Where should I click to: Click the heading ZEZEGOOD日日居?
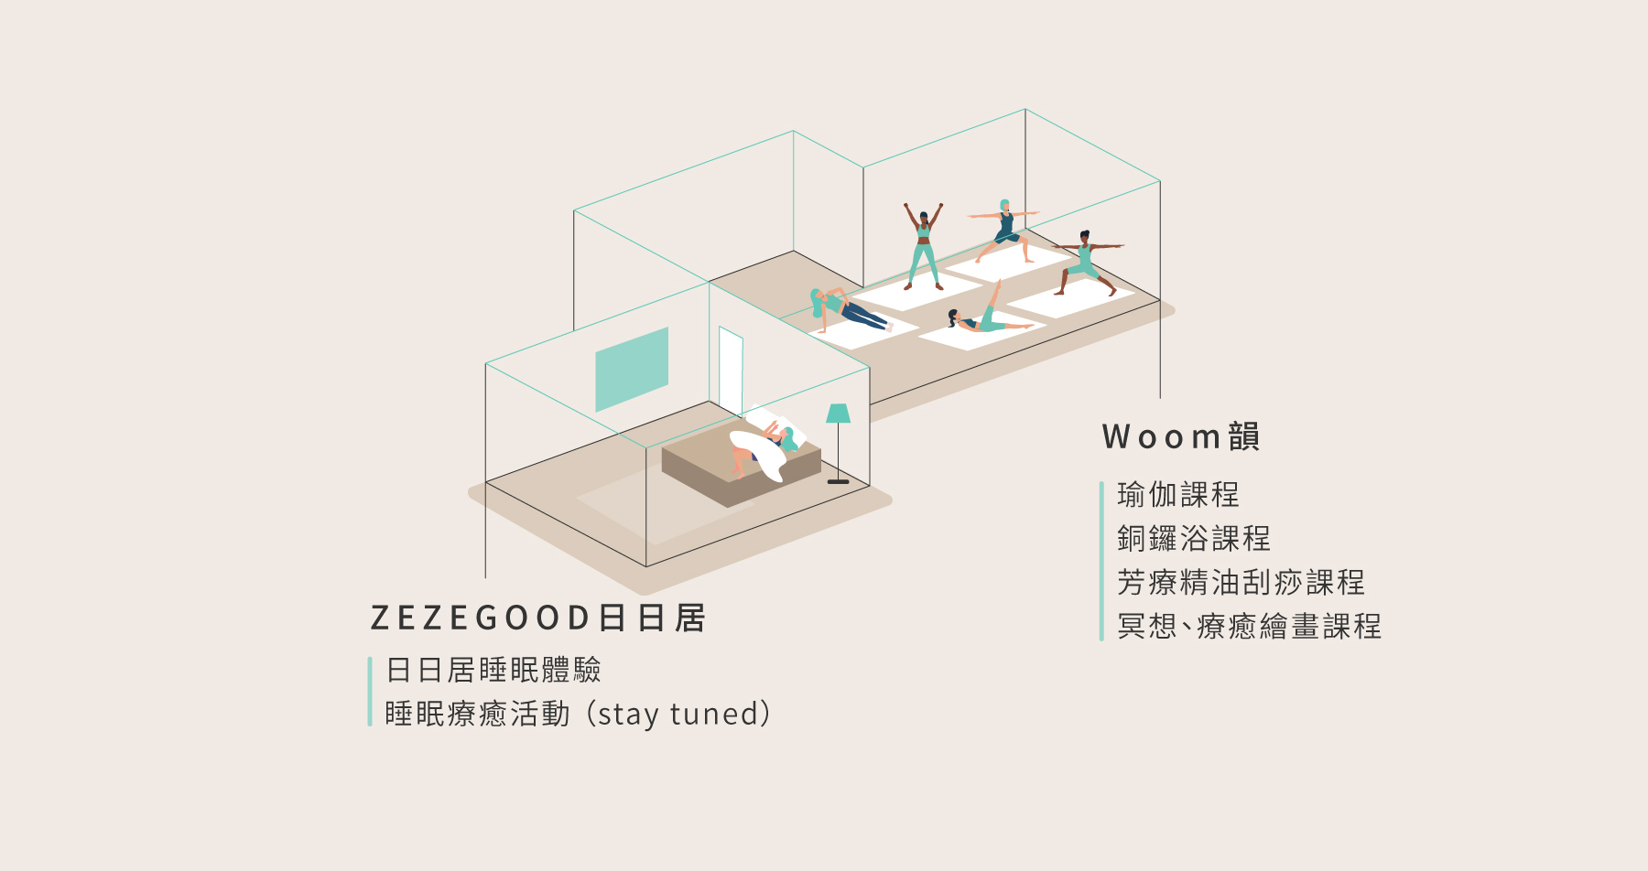click(x=537, y=618)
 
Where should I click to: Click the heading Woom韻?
click(x=1181, y=437)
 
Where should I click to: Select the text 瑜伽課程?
click(x=1177, y=495)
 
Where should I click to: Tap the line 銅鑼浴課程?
click(x=1193, y=539)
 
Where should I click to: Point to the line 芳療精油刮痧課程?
click(x=1241, y=583)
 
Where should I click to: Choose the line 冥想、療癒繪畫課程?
click(x=1249, y=627)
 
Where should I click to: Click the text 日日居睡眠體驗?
click(x=493, y=671)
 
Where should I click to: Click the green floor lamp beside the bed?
click(x=838, y=414)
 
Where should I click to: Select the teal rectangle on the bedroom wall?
click(x=632, y=369)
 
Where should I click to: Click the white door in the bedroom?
click(x=731, y=371)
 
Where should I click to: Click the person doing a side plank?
click(x=847, y=309)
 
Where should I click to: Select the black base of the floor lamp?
click(x=838, y=481)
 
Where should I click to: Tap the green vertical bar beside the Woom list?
click(x=1101, y=561)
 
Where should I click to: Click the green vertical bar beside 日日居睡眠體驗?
click(x=370, y=692)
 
